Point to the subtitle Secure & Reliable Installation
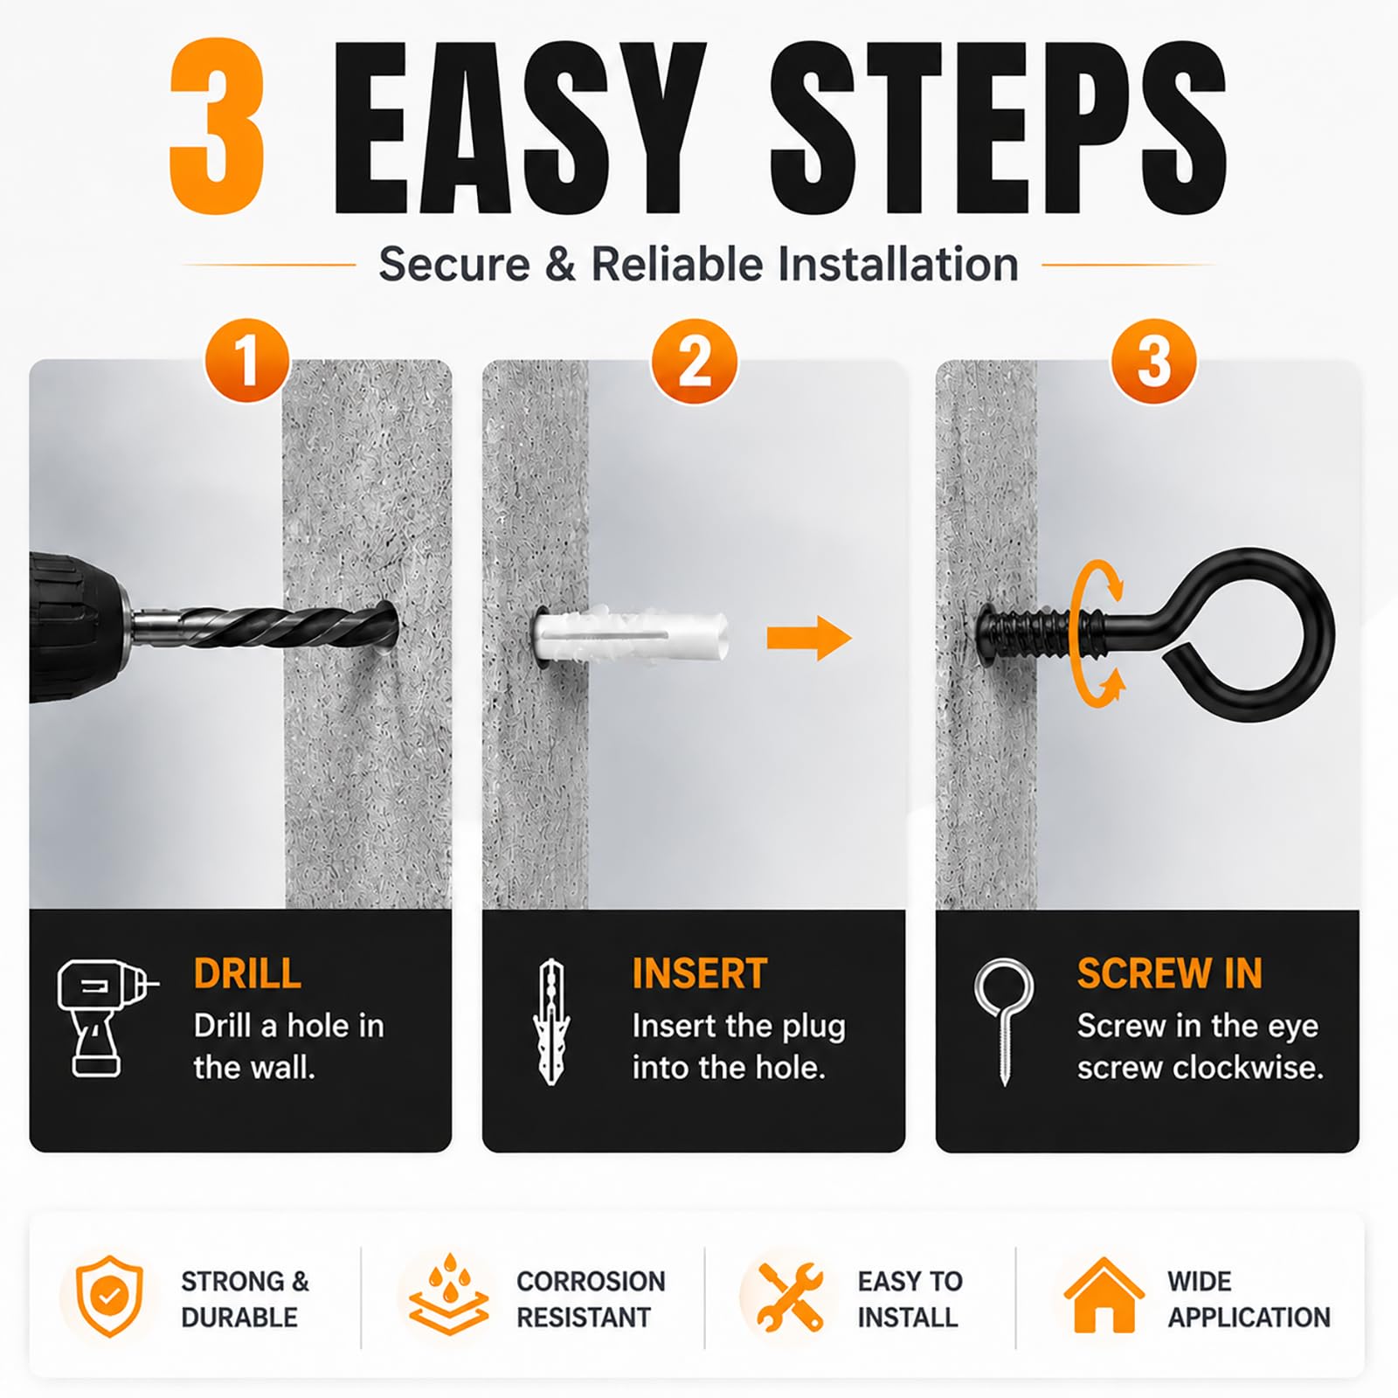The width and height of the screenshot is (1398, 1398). pyautogui.click(x=699, y=264)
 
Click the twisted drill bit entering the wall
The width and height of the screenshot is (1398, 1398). pyautogui.click(x=280, y=622)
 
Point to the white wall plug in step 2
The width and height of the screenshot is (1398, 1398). pyautogui.click(x=629, y=636)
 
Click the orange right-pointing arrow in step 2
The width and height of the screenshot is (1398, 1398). pyautogui.click(x=809, y=639)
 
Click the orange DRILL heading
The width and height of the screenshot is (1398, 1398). pyautogui.click(x=247, y=973)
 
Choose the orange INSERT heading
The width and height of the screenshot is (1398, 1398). pyautogui.click(x=699, y=973)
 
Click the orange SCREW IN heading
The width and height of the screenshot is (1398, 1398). pyautogui.click(x=1169, y=973)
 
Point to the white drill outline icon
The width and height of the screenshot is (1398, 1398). pyautogui.click(x=105, y=1018)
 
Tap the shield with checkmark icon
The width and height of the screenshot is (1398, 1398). pyautogui.click(x=108, y=1296)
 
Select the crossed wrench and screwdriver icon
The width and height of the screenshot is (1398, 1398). pyautogui.click(x=790, y=1297)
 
